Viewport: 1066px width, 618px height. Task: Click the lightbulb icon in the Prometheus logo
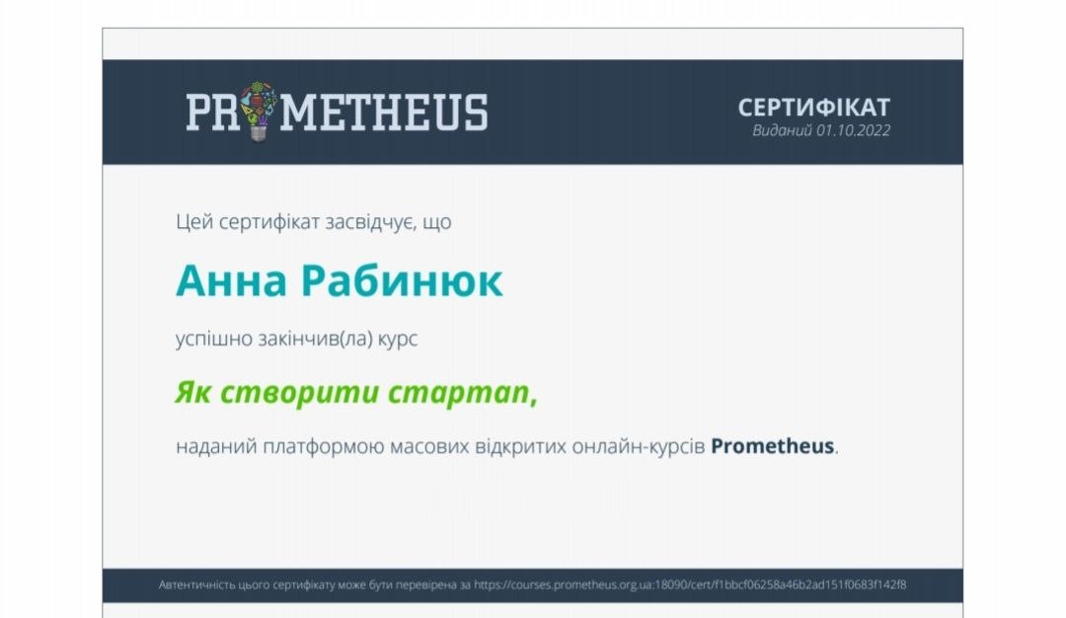[x=259, y=112]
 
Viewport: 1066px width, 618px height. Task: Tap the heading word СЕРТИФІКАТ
[x=813, y=108]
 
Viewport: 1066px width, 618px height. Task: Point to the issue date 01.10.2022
[x=853, y=130]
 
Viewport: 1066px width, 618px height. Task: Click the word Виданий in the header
[x=782, y=130]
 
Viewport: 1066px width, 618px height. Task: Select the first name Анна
[x=231, y=280]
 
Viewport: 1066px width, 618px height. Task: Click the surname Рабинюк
[x=402, y=280]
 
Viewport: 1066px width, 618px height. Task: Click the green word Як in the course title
[x=193, y=392]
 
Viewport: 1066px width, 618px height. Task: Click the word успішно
[x=214, y=339]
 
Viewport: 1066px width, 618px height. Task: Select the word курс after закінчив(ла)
[x=398, y=340]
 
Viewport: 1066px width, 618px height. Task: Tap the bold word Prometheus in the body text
[x=772, y=446]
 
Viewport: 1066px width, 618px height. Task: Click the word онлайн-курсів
[x=639, y=446]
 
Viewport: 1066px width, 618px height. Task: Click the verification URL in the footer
[x=690, y=584]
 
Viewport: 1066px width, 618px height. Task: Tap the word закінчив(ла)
[x=316, y=339]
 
